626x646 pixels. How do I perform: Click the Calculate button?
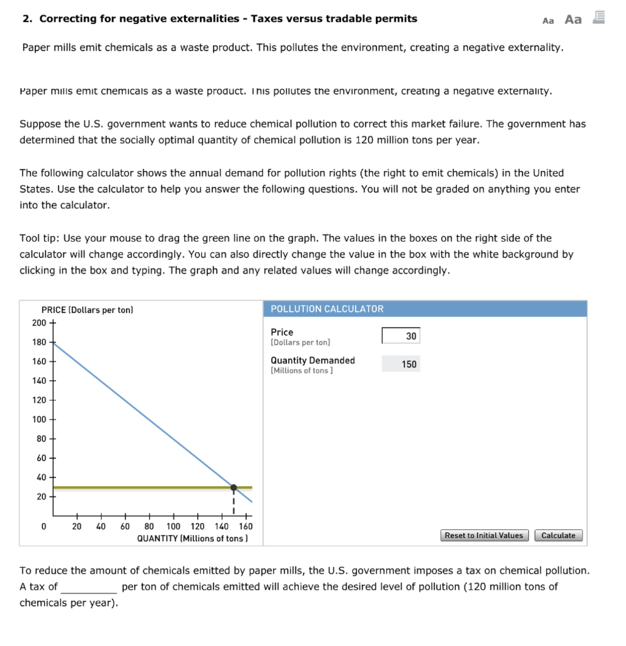pos(559,536)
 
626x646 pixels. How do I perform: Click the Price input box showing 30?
pos(400,336)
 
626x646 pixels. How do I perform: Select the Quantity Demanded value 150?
pos(409,364)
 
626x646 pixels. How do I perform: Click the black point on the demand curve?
pos(234,488)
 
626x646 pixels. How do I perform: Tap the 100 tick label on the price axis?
pos(39,420)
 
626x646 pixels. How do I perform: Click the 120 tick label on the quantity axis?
pos(197,526)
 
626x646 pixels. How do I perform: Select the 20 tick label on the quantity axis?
pos(77,526)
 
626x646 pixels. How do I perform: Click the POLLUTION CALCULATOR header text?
pos(327,309)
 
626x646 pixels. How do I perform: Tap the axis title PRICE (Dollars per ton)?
pos(87,310)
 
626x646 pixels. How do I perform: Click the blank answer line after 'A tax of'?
pos(88,587)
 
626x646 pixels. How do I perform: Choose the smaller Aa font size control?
pos(548,20)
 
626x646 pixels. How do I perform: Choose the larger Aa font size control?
pos(573,19)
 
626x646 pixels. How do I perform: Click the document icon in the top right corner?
pos(598,18)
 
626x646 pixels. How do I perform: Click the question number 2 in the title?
pos(26,18)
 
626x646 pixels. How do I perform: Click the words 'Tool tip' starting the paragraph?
pos(39,238)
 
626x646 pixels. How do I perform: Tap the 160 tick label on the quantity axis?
pos(245,526)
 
